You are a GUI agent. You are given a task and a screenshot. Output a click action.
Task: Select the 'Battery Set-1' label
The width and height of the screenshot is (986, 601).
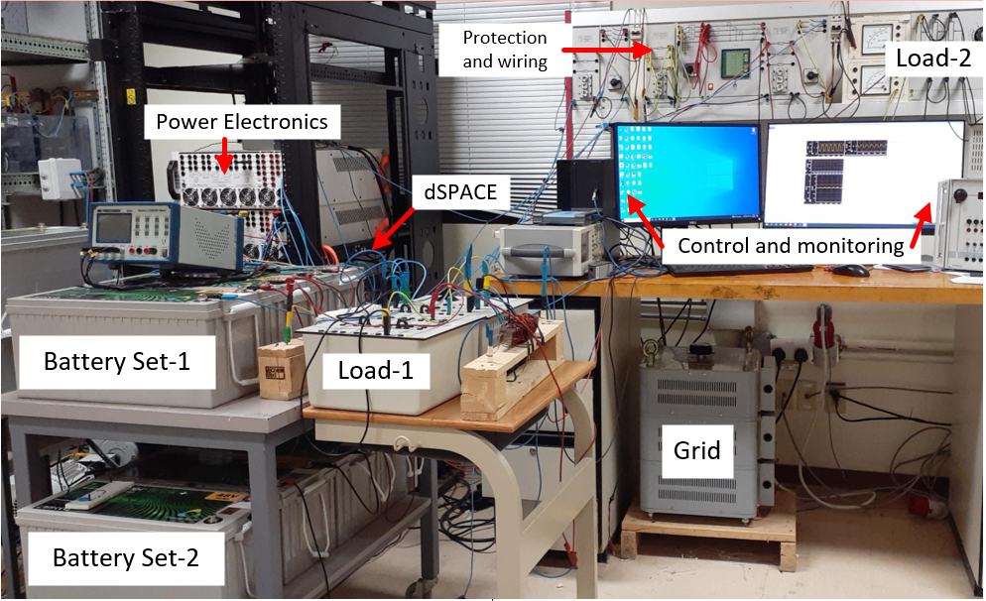(130, 360)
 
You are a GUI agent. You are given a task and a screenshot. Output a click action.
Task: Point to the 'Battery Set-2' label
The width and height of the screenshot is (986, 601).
(125, 557)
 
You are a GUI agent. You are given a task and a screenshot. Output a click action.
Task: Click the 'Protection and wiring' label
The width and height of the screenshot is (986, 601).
(505, 50)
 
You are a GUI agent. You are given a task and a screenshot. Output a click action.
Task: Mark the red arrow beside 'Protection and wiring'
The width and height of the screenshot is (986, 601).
(609, 46)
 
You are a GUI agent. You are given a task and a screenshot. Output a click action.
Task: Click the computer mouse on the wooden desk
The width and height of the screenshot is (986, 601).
(851, 270)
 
